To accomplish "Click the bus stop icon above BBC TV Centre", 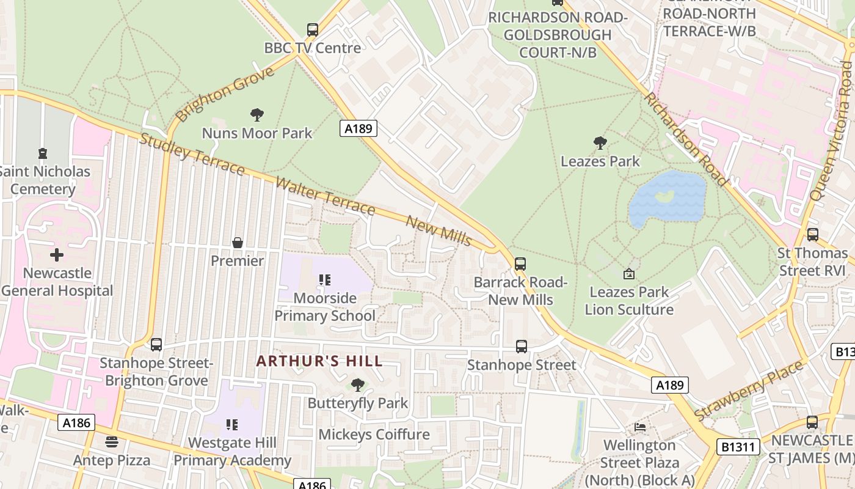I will pyautogui.click(x=313, y=29).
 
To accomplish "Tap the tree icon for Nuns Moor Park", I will pyautogui.click(x=257, y=114).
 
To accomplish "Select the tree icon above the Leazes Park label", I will pyautogui.click(x=600, y=143).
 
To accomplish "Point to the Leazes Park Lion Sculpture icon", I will pyautogui.click(x=628, y=274).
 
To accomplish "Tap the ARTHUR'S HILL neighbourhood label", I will pyautogui.click(x=319, y=361).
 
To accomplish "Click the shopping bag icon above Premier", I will pyautogui.click(x=238, y=243).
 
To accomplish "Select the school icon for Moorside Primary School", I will pyautogui.click(x=324, y=280).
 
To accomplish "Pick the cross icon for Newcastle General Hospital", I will pyautogui.click(x=57, y=254).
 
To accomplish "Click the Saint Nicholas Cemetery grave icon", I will pyautogui.click(x=42, y=153).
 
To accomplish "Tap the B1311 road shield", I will pyautogui.click(x=739, y=447).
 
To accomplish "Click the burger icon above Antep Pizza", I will pyautogui.click(x=111, y=441).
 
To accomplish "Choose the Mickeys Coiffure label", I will pyautogui.click(x=374, y=435).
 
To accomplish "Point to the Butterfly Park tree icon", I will pyautogui.click(x=358, y=384).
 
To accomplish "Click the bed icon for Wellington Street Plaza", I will pyautogui.click(x=640, y=427).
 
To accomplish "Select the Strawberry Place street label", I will pyautogui.click(x=749, y=391).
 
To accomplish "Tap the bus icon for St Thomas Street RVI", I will pyautogui.click(x=812, y=234).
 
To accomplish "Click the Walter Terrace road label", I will pyautogui.click(x=324, y=196).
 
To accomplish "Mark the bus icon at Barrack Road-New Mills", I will pyautogui.click(x=520, y=264).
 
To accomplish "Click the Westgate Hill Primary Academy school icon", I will pyautogui.click(x=231, y=424).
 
